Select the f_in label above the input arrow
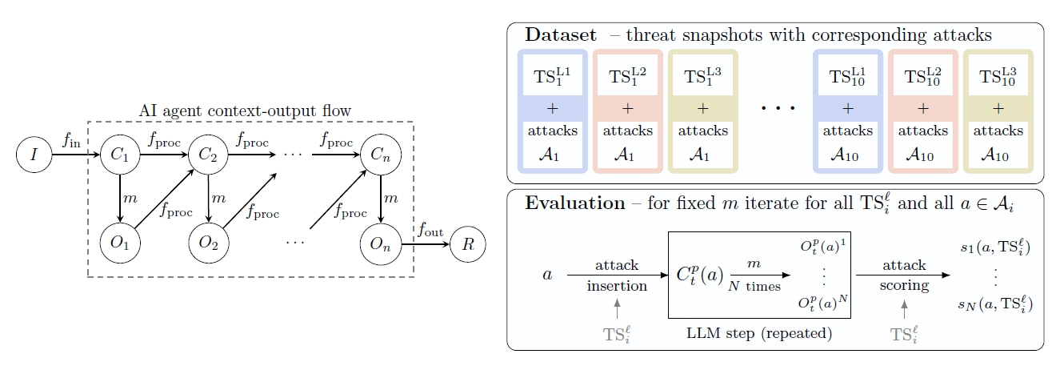click(71, 139)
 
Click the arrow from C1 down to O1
click(119, 198)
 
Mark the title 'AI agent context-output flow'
click(250, 110)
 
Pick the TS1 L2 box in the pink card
click(628, 78)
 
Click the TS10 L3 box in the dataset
click(998, 78)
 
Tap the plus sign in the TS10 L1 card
click(848, 108)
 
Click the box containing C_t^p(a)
click(758, 275)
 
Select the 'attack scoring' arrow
click(904, 275)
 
